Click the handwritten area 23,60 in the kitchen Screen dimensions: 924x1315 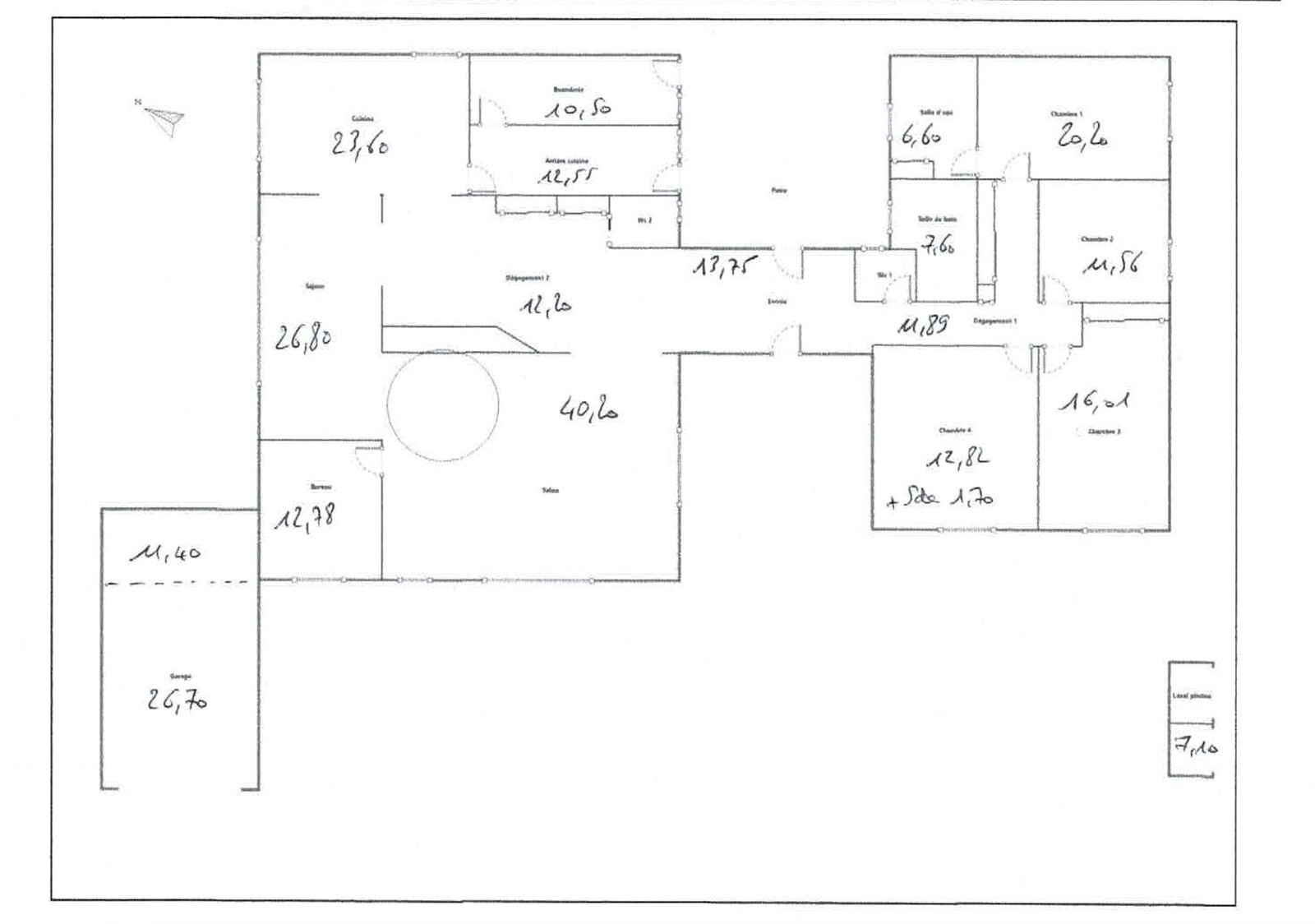(x=360, y=145)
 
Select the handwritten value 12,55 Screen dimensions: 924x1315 (x=567, y=176)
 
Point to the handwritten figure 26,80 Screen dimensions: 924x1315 (x=303, y=337)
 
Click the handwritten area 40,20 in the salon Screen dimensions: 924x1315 (x=588, y=409)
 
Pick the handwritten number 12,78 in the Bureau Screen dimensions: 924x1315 (x=304, y=518)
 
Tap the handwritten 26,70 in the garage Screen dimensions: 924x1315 (x=177, y=700)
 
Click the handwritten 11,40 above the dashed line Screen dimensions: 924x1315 (x=165, y=554)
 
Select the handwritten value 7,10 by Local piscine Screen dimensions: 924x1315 (x=1196, y=747)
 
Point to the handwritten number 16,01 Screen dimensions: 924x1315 (x=1093, y=401)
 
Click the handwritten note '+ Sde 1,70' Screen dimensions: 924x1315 (x=940, y=498)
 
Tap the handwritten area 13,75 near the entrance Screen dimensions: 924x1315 (x=722, y=266)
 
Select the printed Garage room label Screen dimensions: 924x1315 (x=180, y=676)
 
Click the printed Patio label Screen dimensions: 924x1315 (x=778, y=191)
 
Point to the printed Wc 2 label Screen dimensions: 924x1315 (x=645, y=220)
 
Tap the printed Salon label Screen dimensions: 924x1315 (x=551, y=490)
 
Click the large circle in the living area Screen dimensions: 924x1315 (x=443, y=405)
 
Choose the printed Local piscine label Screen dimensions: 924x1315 (x=1191, y=695)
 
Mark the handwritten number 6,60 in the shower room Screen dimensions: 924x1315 (x=921, y=136)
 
